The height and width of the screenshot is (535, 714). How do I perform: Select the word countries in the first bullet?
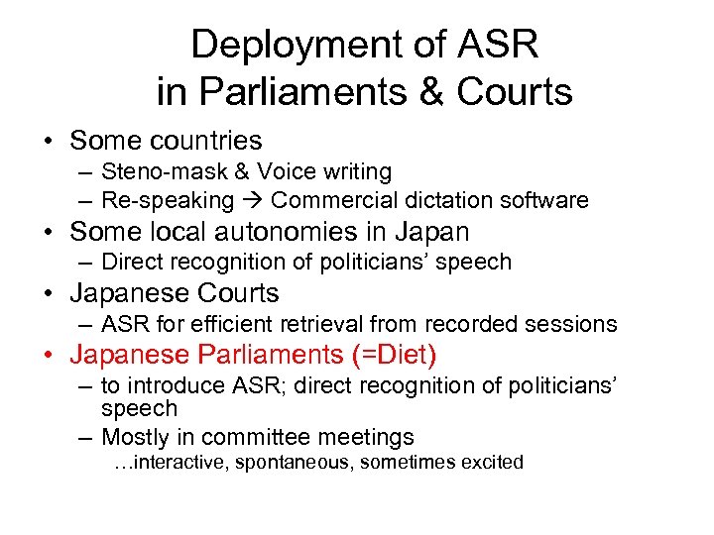(x=202, y=141)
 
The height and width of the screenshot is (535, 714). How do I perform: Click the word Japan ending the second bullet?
(x=433, y=232)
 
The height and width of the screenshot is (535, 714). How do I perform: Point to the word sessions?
(x=576, y=324)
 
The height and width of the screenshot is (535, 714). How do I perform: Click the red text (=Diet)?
(x=397, y=355)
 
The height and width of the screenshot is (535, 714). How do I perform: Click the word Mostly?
(x=135, y=437)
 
